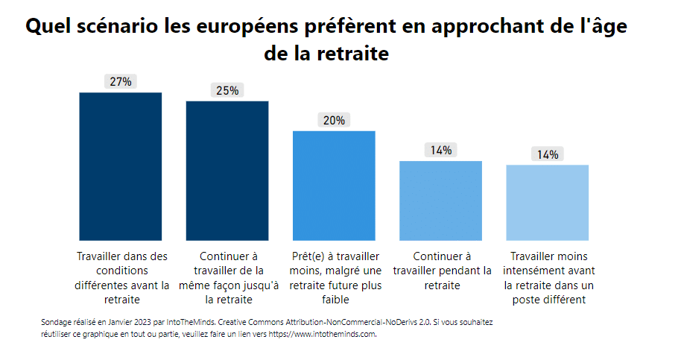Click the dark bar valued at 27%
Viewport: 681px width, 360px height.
(x=121, y=166)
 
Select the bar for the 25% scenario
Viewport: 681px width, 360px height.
(x=227, y=171)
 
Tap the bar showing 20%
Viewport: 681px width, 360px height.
(x=334, y=186)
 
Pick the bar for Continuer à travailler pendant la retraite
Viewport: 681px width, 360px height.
(x=440, y=200)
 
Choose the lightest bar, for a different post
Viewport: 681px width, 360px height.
(x=548, y=203)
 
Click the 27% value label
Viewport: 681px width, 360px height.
(x=121, y=82)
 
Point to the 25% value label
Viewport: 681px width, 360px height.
(x=227, y=90)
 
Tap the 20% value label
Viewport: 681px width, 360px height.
(x=334, y=120)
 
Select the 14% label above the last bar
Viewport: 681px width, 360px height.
(x=548, y=154)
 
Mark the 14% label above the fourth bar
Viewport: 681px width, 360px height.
(x=440, y=150)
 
